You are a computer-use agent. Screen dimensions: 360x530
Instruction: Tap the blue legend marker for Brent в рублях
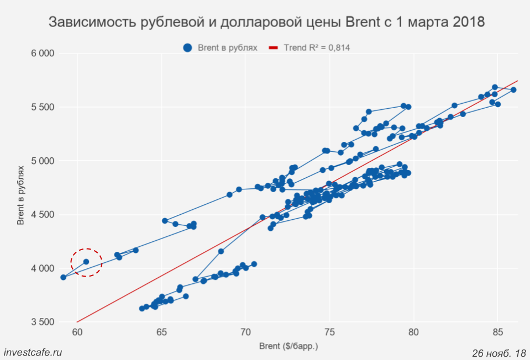tap(187, 48)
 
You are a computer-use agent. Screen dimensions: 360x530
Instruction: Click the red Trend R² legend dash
tap(273, 48)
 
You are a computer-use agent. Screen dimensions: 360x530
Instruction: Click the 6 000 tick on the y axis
tap(42, 54)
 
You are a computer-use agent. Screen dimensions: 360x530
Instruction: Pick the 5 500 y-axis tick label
tap(42, 107)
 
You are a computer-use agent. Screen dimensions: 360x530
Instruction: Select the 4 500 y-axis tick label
tap(42, 215)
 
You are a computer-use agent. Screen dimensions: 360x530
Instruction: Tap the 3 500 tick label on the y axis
tap(42, 322)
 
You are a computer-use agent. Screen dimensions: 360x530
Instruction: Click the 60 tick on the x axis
tap(77, 332)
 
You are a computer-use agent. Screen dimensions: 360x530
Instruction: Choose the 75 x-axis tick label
tap(329, 332)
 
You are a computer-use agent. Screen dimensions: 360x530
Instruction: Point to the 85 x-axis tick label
tap(497, 332)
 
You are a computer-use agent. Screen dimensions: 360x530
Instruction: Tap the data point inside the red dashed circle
tap(86, 262)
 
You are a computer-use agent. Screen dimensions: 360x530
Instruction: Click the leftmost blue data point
tap(63, 277)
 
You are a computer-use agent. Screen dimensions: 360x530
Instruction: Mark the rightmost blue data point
tap(513, 89)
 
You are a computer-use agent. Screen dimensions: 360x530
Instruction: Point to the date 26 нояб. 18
tap(499, 352)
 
